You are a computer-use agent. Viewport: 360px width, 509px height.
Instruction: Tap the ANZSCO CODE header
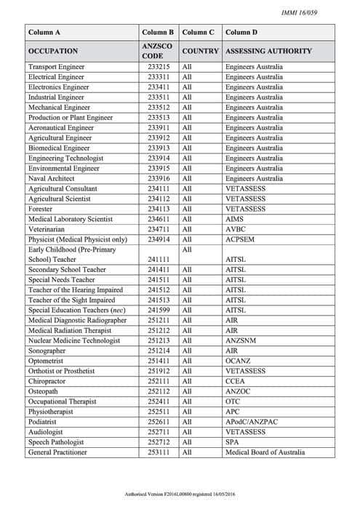[158, 52]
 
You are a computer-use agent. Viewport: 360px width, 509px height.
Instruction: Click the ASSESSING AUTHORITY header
[268, 52]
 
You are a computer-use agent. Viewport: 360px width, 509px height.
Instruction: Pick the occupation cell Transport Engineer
[56, 67]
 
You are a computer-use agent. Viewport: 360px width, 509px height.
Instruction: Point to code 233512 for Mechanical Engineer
[158, 107]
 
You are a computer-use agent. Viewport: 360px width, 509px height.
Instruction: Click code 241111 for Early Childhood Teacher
[158, 259]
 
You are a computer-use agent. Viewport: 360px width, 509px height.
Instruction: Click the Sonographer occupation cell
[49, 350]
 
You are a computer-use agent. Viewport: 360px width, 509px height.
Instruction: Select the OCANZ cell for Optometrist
[239, 361]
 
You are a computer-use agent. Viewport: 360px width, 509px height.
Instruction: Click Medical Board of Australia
[265, 452]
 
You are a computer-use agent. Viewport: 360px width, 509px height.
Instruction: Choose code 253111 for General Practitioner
[158, 452]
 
